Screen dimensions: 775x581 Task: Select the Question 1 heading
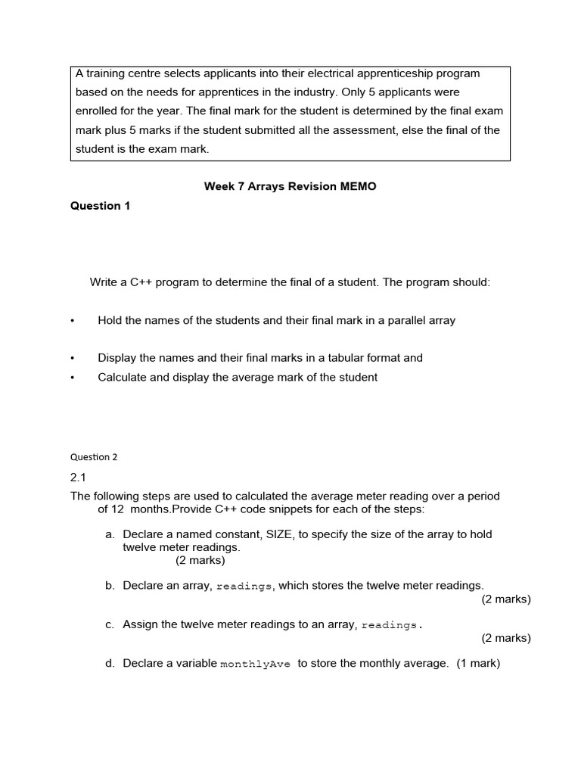point(101,206)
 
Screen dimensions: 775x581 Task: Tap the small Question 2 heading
point(94,457)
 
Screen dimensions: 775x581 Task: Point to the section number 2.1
point(79,477)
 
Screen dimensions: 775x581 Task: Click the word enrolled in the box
point(96,111)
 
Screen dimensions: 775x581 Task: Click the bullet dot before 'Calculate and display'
point(73,378)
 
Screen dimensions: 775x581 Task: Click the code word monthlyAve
point(255,664)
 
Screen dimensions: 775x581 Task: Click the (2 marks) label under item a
point(200,561)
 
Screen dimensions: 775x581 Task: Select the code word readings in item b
point(244,586)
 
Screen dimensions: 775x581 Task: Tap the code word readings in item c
point(390,625)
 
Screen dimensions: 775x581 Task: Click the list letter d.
point(110,664)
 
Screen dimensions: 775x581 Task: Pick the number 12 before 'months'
point(119,509)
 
